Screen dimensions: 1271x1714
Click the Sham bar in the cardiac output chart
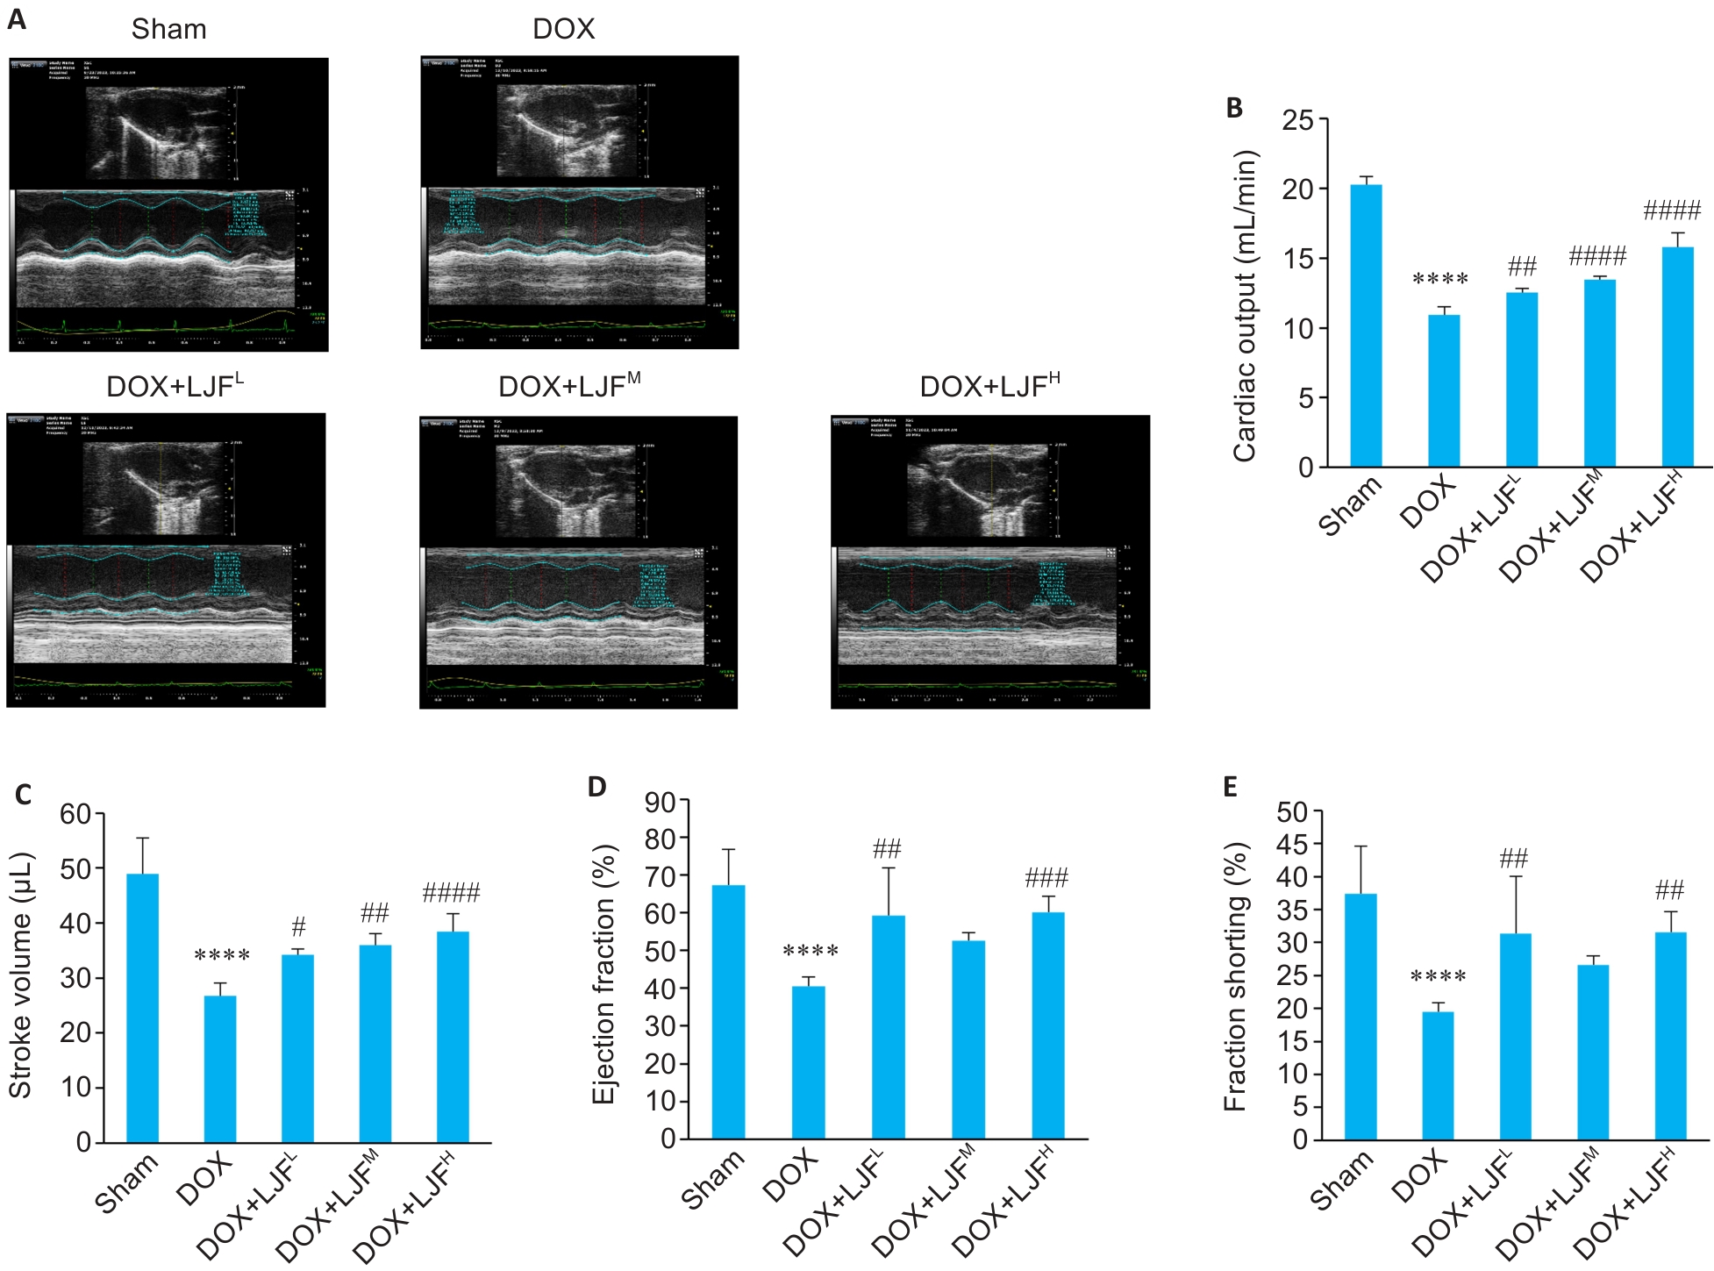(x=1366, y=325)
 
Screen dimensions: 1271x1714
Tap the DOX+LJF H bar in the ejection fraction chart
(x=1047, y=1025)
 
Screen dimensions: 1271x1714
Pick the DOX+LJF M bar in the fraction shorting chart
(x=1593, y=1052)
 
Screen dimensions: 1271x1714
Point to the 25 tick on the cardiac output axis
(x=1298, y=120)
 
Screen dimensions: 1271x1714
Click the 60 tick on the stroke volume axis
(x=75, y=814)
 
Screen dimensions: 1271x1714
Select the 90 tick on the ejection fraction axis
(x=661, y=802)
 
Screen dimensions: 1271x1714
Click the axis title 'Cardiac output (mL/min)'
(x=1245, y=305)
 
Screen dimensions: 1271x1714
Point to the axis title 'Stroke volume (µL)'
(x=21, y=975)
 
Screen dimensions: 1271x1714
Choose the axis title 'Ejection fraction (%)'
(x=604, y=974)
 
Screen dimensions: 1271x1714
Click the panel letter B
(x=1234, y=108)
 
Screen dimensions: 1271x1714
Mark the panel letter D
(x=596, y=787)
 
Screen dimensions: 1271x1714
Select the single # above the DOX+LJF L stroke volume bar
(x=298, y=926)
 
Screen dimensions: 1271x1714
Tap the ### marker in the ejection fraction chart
(x=1046, y=877)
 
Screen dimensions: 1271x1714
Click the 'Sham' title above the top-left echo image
(x=168, y=29)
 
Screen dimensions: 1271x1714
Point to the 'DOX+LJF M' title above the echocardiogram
(x=568, y=386)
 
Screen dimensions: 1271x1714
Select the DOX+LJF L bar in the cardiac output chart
(x=1522, y=379)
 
